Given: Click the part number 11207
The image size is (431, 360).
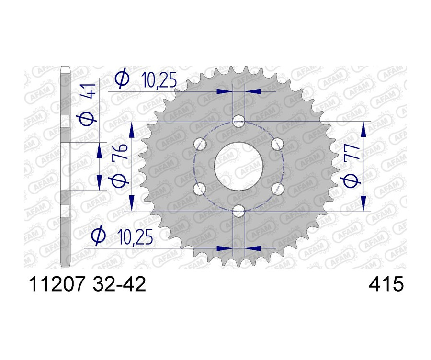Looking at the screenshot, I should click(57, 285).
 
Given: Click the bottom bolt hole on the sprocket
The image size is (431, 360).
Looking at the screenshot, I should click(238, 210).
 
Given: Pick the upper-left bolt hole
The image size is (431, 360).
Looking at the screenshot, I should click(201, 143).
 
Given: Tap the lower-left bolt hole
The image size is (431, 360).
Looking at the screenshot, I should click(201, 189).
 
